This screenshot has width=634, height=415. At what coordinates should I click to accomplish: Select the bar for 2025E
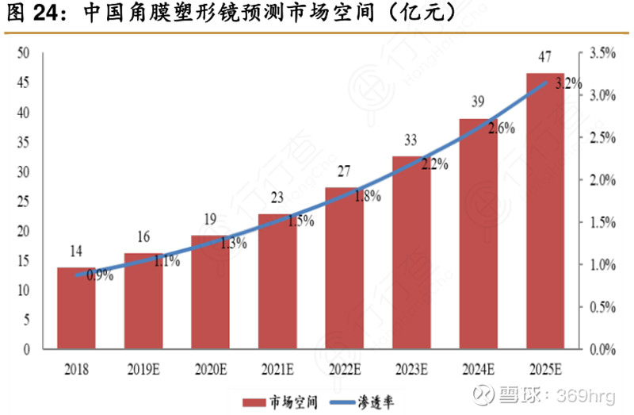(545, 210)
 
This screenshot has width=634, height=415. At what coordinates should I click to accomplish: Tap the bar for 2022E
(345, 268)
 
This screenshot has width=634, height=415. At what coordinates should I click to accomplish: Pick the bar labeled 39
(479, 234)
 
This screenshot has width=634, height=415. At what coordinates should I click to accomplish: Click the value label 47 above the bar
(545, 57)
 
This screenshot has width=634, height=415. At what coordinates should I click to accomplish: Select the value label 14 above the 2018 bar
(76, 252)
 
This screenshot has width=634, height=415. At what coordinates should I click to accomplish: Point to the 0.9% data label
(100, 276)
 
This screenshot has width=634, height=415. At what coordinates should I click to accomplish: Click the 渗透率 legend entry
(372, 403)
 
